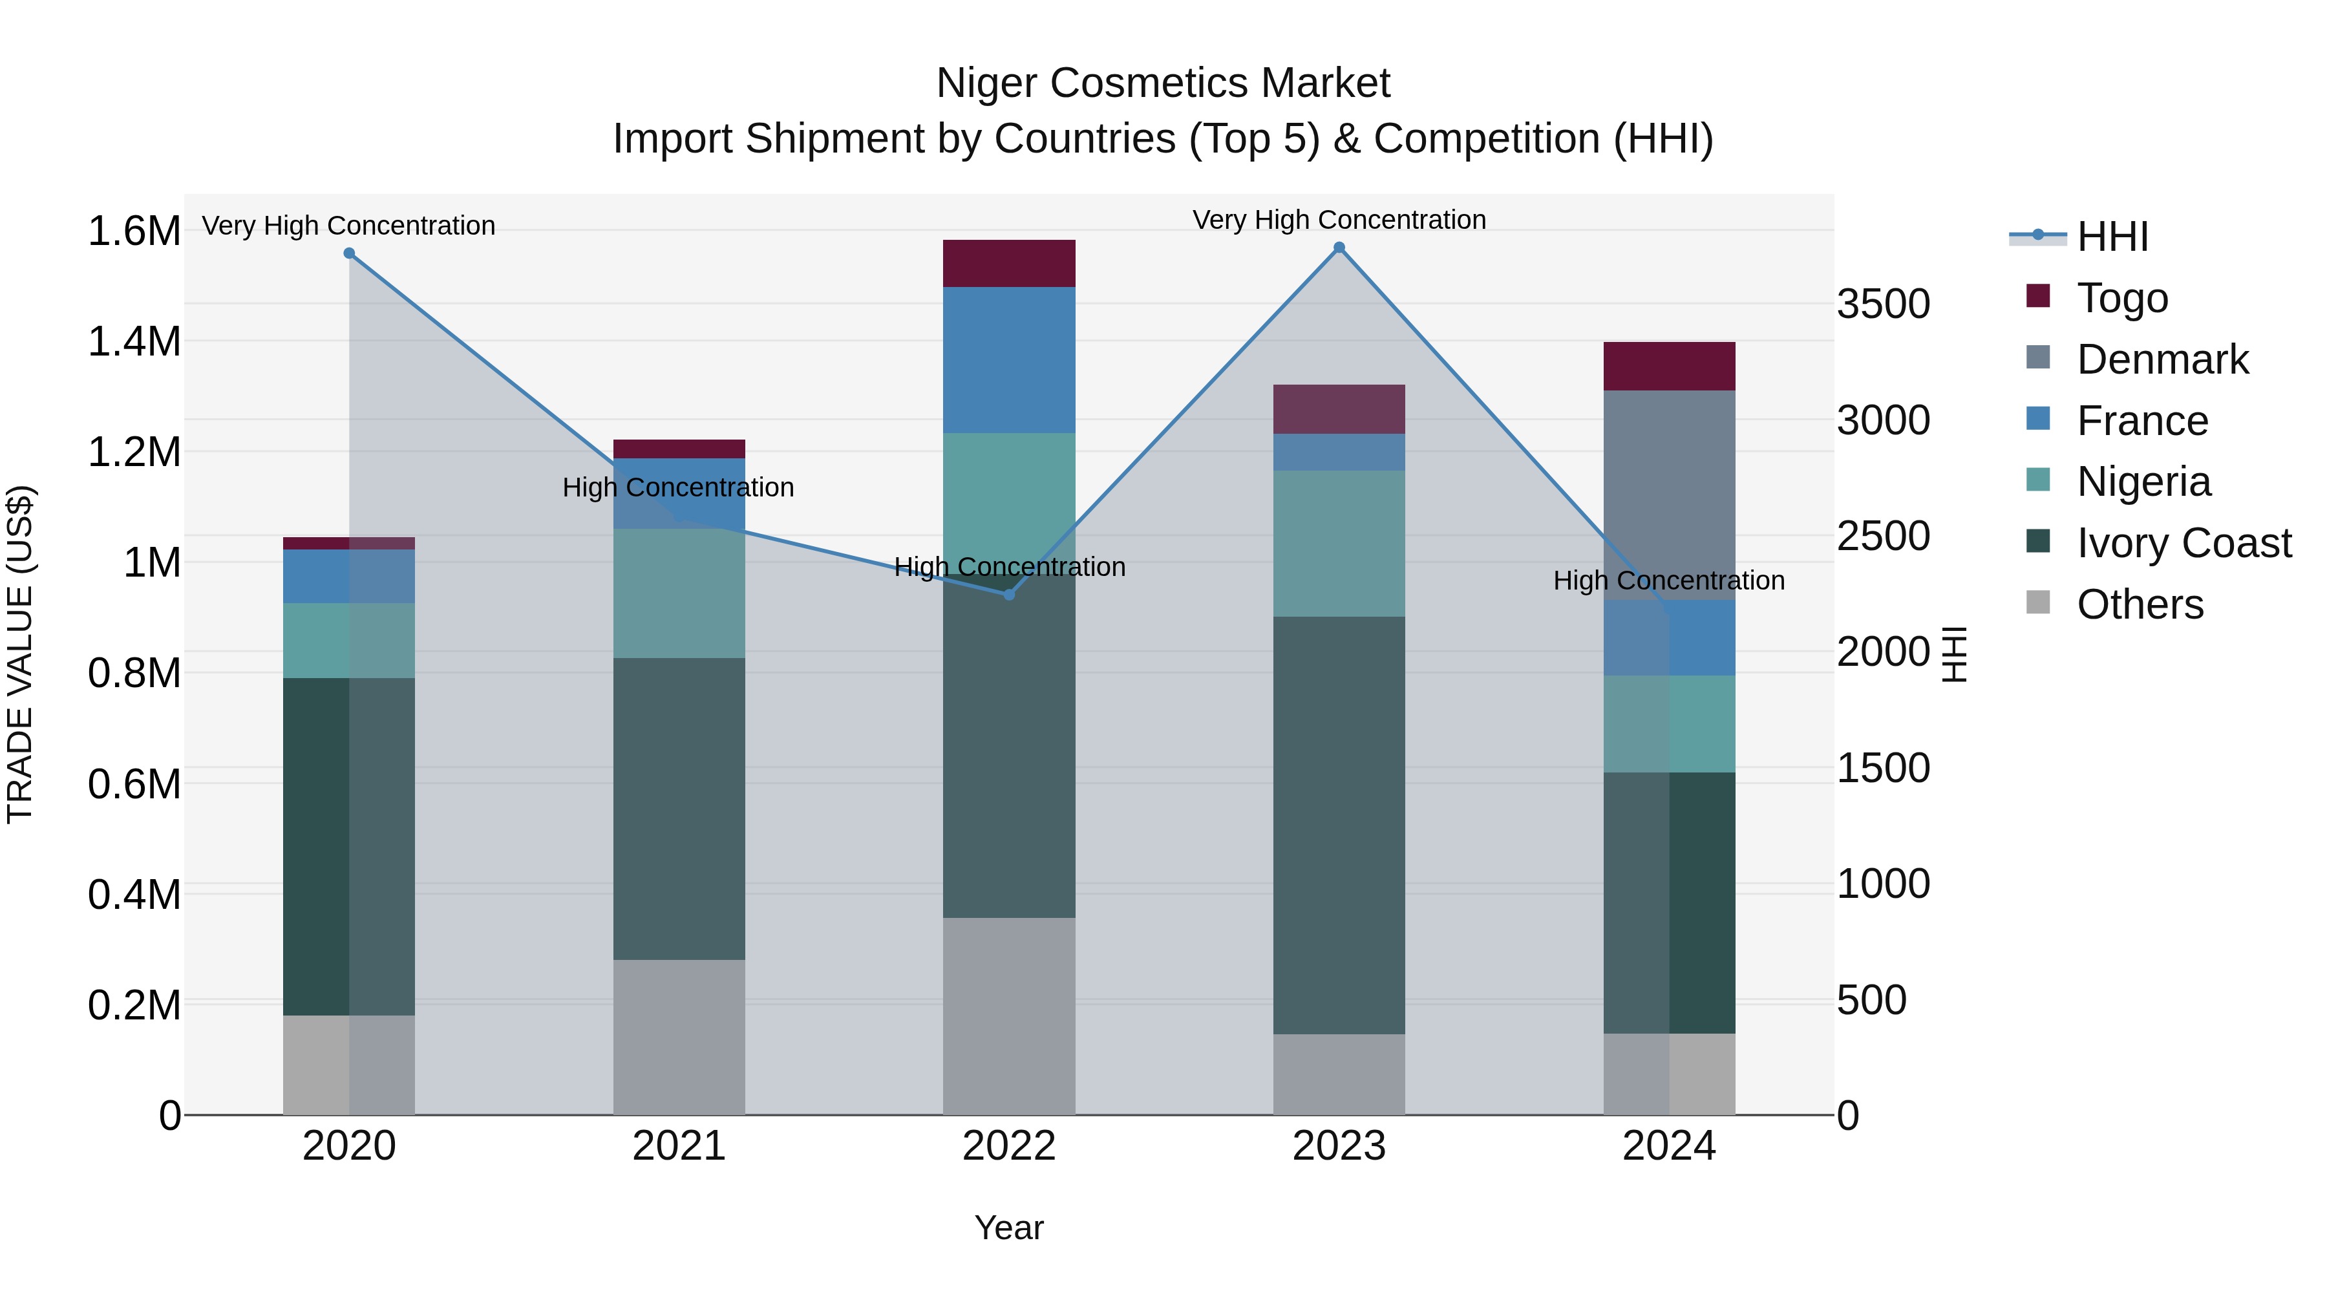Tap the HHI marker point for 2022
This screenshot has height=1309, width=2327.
(x=1009, y=595)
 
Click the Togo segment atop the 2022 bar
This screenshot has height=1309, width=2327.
(x=1009, y=263)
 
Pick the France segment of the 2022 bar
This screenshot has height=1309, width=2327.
(x=1009, y=359)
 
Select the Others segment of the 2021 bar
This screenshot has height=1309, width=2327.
(x=679, y=1036)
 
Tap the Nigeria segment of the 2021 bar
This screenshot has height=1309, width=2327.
(x=679, y=593)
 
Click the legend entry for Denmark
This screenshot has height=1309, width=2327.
(x=2161, y=359)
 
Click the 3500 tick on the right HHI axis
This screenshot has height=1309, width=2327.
(x=1884, y=304)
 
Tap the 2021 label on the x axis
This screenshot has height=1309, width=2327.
(x=679, y=1146)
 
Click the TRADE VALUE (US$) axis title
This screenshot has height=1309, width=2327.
(x=20, y=654)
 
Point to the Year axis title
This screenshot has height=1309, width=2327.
(x=1008, y=1228)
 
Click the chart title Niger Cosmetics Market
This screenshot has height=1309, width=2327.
(x=1163, y=83)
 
